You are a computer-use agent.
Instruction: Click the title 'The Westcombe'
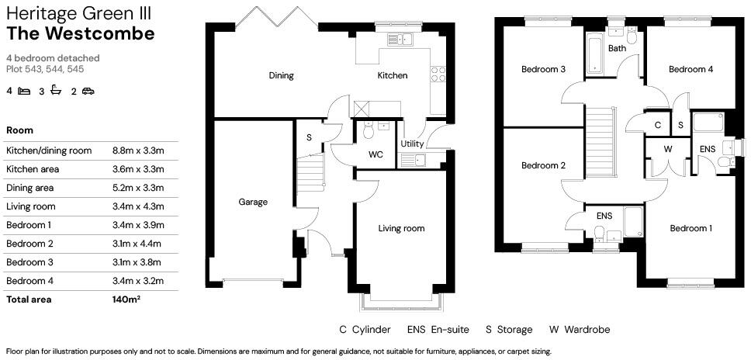coord(81,33)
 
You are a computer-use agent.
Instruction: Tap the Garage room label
coord(253,202)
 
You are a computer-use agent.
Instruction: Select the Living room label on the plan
coord(401,228)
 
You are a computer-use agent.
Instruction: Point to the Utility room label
coord(412,144)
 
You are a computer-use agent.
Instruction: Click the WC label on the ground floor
coord(375,154)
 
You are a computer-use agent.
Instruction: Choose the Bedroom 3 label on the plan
coord(542,69)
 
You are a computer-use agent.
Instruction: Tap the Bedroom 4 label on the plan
coord(690,69)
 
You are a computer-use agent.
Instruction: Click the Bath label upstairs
coord(617,49)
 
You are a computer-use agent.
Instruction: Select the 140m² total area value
coord(126,299)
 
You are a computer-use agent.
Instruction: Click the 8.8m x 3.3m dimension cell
coord(138,151)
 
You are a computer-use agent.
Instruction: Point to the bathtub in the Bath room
coord(595,55)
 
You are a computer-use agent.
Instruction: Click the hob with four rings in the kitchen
coord(438,74)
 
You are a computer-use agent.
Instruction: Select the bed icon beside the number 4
coord(24,92)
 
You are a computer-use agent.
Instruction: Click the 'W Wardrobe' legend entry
coord(580,330)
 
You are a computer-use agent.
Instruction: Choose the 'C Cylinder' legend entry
coord(365,330)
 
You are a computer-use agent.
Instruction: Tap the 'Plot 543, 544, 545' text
coord(44,69)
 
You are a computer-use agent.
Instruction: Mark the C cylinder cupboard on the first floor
coord(657,124)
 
